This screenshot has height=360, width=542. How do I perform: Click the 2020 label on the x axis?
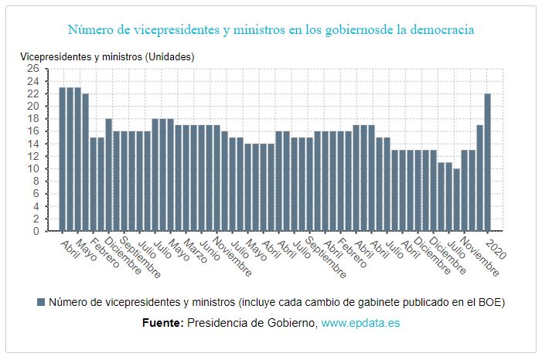tap(495, 246)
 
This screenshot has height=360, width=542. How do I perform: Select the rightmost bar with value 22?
tap(488, 162)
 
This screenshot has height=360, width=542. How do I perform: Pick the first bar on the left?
tap(63, 159)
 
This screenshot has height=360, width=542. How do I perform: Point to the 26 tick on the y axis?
tap(33, 69)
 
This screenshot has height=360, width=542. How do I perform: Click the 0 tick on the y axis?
tap(36, 231)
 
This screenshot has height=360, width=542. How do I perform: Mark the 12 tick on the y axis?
tap(33, 156)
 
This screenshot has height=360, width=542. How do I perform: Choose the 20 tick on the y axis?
tap(33, 106)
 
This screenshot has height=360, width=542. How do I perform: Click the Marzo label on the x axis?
tap(196, 252)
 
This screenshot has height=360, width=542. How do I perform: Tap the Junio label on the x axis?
tap(210, 251)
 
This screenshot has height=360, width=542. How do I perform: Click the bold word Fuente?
tap(162, 322)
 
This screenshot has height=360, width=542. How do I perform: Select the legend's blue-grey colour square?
tap(41, 302)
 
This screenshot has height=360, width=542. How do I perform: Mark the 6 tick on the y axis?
tap(36, 193)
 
